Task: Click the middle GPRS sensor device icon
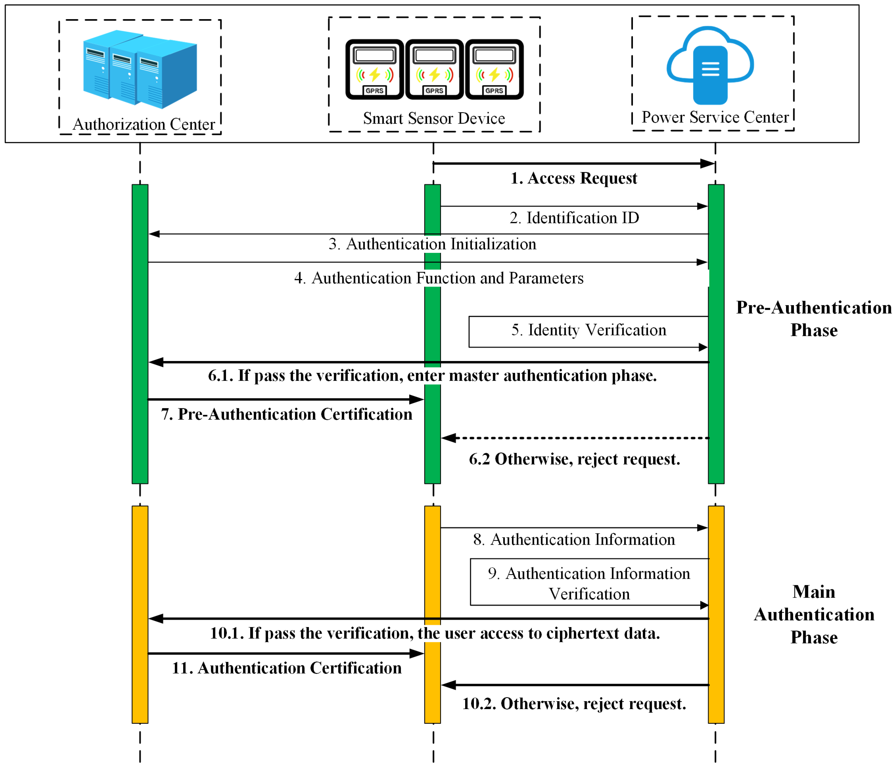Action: (434, 69)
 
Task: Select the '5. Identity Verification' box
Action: (588, 331)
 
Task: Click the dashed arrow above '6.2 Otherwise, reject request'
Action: (574, 438)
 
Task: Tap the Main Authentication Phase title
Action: (814, 615)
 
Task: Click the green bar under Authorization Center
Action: (140, 334)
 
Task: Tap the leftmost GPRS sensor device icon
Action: (375, 69)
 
